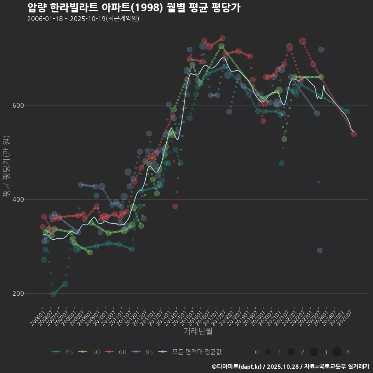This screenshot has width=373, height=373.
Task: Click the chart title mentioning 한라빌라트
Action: [x=134, y=7]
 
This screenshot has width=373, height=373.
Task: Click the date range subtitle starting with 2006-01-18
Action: [x=83, y=19]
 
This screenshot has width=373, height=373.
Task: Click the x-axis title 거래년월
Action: [x=198, y=331]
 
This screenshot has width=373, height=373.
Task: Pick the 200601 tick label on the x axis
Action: [x=37, y=317]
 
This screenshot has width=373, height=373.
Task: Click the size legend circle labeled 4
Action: [x=337, y=352]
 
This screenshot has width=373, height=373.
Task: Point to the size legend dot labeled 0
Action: [x=246, y=352]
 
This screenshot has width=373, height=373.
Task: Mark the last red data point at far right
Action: [x=354, y=134]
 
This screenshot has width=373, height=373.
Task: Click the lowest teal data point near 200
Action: [x=53, y=294]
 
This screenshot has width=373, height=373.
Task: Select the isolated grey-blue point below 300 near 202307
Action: [x=319, y=251]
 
